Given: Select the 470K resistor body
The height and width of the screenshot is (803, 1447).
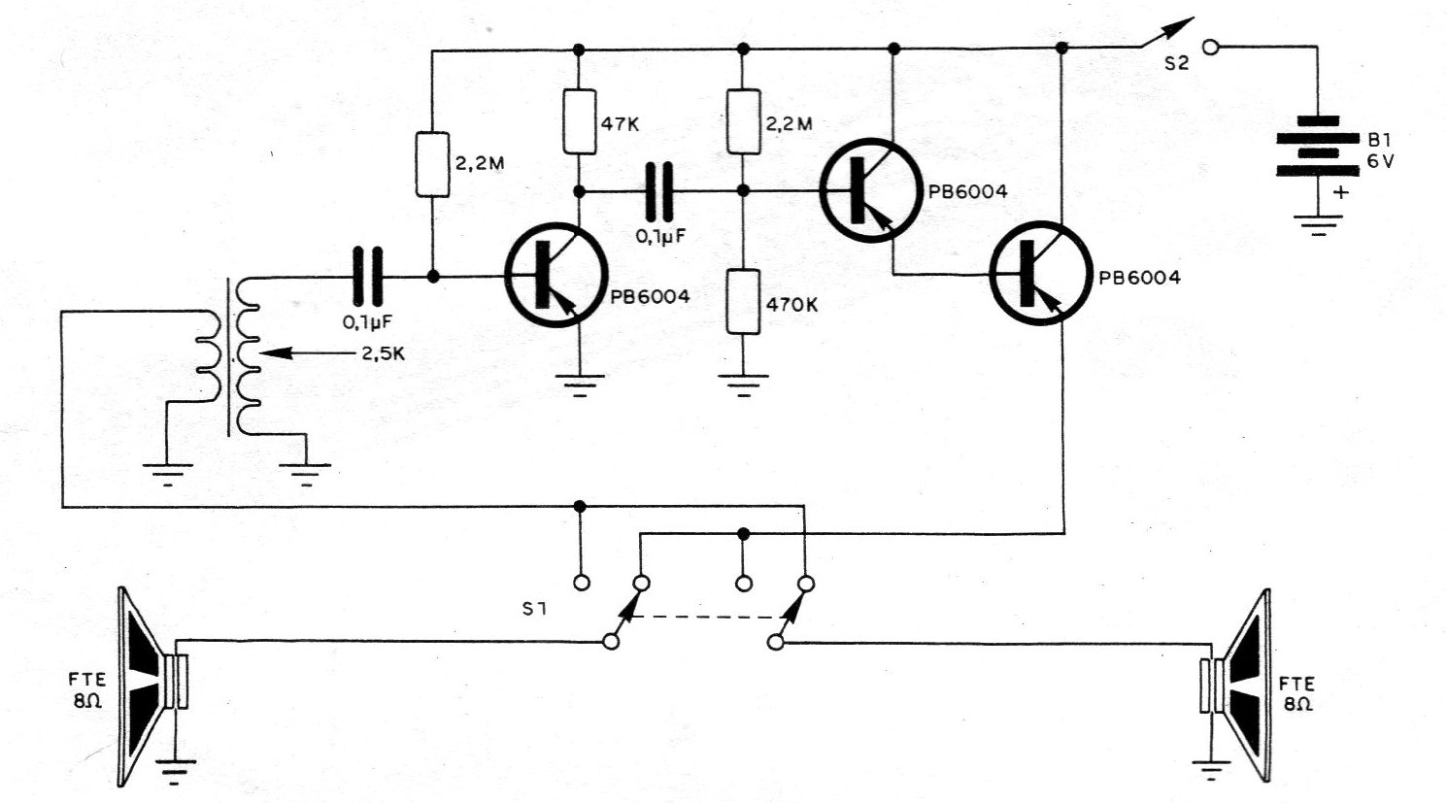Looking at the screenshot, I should (x=743, y=303).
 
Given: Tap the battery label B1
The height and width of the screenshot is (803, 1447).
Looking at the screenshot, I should (x=1378, y=140).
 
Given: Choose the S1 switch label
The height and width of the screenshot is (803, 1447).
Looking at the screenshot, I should (x=533, y=611).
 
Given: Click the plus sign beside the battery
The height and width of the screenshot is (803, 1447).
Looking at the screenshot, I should (x=1341, y=192).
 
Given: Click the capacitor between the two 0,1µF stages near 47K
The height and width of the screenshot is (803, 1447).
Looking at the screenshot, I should (x=660, y=190).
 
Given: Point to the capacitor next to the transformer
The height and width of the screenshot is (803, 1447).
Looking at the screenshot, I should (x=368, y=277).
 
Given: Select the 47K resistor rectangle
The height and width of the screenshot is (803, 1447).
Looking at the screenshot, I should (x=579, y=121).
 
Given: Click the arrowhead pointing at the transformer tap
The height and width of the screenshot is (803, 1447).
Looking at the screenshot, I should (x=275, y=353).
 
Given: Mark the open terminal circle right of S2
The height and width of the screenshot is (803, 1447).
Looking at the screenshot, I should (x=1211, y=46).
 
